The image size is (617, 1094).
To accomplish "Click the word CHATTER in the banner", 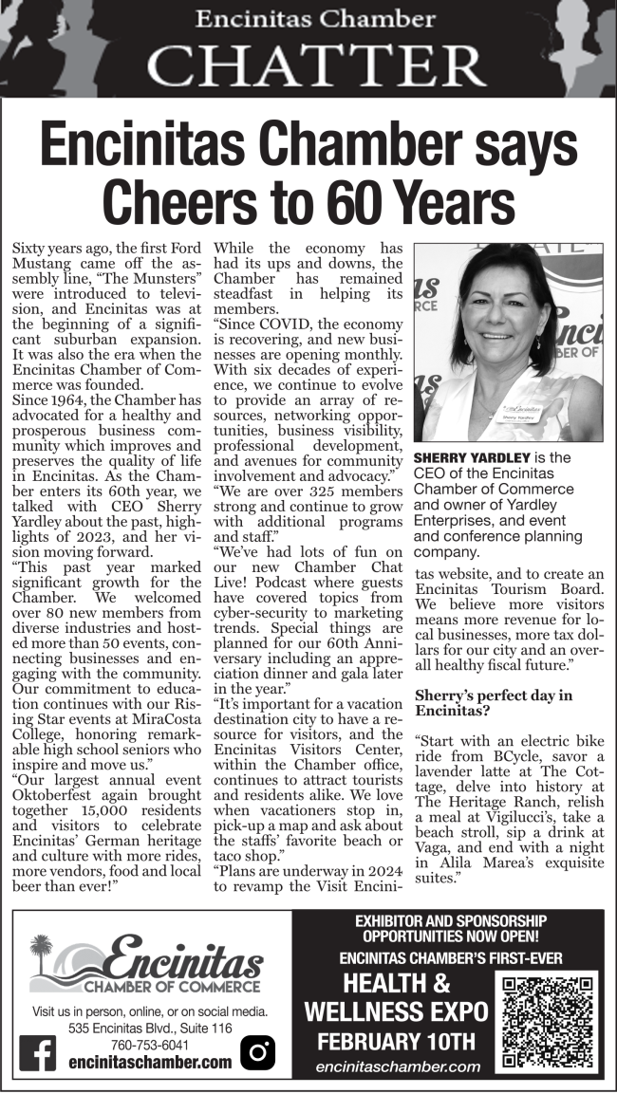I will tap(316, 65).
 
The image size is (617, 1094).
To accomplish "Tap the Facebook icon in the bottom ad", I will tap(38, 1051).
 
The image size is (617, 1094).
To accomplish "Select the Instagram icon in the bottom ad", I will tap(257, 1051).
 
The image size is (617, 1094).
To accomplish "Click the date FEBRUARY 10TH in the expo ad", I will tap(397, 1041).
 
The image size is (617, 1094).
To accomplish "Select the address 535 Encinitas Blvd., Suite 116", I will tap(150, 1029).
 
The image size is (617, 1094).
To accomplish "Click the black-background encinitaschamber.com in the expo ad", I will tap(398, 1067).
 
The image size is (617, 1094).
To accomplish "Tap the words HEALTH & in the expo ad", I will tap(397, 982).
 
